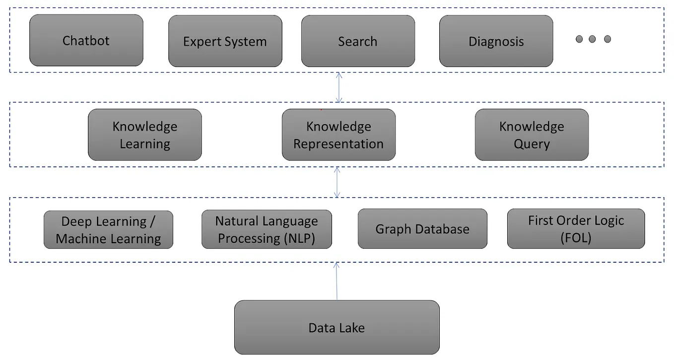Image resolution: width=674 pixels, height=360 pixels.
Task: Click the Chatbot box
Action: (86, 40)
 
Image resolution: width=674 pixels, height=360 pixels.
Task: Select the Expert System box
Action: (225, 41)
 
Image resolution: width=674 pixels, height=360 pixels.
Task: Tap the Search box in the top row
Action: (357, 41)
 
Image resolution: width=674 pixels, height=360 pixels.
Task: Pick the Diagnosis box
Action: (496, 41)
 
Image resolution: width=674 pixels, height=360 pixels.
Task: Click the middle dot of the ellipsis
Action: (592, 39)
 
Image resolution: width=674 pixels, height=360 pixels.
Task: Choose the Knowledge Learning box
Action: (144, 135)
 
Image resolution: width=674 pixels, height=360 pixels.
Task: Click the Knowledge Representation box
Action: (338, 135)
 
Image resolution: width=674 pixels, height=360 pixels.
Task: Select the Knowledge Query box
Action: (532, 135)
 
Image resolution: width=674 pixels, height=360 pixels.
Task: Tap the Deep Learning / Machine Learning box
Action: (108, 229)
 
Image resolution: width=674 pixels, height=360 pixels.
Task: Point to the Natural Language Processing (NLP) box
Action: (267, 229)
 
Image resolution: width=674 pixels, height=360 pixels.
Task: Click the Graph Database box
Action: (422, 229)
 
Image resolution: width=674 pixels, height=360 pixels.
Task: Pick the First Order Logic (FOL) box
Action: (576, 229)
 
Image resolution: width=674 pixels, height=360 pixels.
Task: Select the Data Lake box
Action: (337, 327)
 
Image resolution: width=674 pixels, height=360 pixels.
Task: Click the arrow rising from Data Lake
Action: (337, 281)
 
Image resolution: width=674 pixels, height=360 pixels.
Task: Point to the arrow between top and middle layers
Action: (339, 87)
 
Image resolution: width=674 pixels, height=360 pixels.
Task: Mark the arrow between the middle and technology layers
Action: (337, 182)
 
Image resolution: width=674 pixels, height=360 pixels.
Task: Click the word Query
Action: (532, 144)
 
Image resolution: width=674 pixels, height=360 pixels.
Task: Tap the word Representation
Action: (338, 144)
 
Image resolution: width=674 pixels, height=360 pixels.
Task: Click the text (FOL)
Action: (576, 238)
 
